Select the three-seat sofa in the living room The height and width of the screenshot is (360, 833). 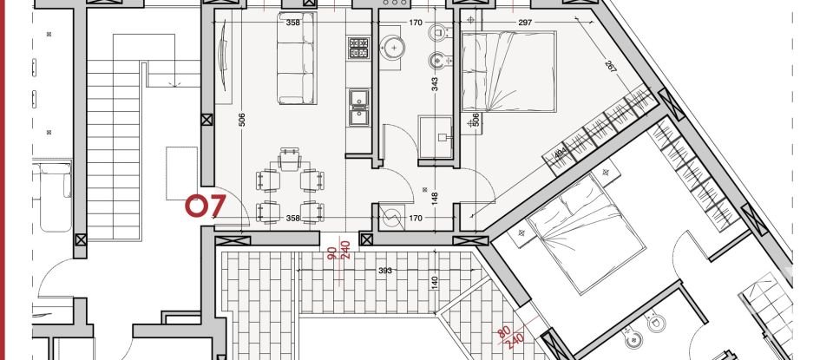[x=297, y=60]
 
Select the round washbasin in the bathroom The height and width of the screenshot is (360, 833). [x=394, y=47]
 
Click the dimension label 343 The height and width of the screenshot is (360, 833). [x=434, y=84]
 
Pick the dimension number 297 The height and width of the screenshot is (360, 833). [x=523, y=23]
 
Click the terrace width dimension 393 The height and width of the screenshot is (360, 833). [x=385, y=271]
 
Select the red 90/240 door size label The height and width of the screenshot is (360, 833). [x=338, y=252]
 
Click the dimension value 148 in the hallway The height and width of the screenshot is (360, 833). [x=435, y=197]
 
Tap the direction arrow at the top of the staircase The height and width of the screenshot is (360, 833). [x=176, y=80]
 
